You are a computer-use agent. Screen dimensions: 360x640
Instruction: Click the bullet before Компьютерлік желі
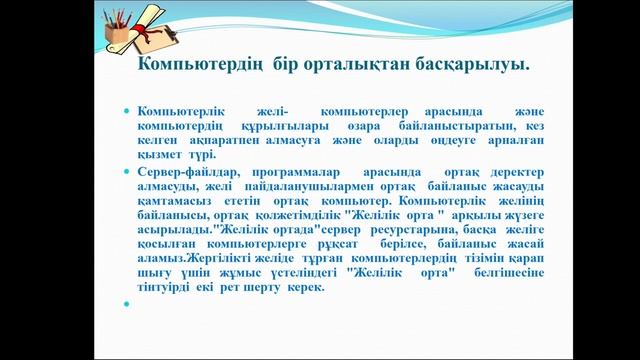[126, 108]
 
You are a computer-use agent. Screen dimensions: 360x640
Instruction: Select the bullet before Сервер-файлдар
[126, 172]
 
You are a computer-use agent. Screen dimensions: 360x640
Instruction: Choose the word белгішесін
[511, 272]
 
